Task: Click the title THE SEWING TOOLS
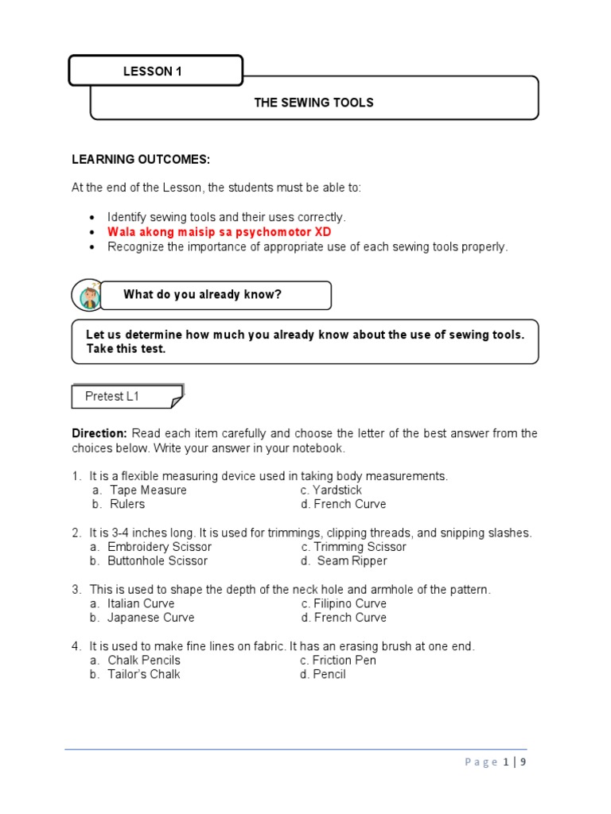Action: [x=313, y=103]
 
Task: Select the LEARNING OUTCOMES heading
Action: [x=141, y=160]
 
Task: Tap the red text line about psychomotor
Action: [x=220, y=232]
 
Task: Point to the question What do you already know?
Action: [x=202, y=295]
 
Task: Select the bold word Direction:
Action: [x=99, y=433]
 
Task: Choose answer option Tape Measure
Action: [x=148, y=490]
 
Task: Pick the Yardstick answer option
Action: [x=337, y=490]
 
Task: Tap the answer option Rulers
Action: [x=126, y=504]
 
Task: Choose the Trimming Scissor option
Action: [x=360, y=547]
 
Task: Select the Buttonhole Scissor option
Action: [x=158, y=561]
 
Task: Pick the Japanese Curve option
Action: [x=150, y=618]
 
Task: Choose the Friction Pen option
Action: [x=344, y=661]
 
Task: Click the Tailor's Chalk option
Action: [x=143, y=675]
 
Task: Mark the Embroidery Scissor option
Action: [x=159, y=547]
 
